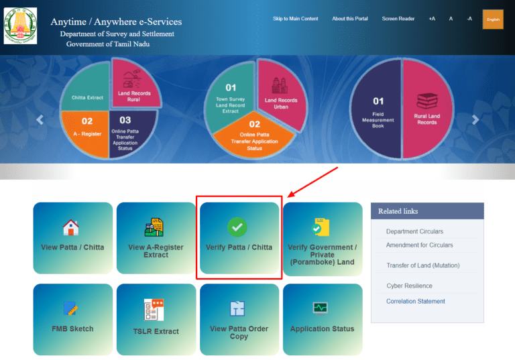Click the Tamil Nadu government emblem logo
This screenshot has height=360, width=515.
(20, 25)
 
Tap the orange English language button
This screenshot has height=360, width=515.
(493, 19)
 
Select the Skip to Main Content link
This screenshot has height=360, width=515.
(295, 19)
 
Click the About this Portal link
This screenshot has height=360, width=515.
(350, 19)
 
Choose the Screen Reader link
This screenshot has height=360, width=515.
(398, 19)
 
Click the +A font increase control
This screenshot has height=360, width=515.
(432, 19)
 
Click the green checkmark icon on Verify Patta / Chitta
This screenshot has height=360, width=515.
(237, 227)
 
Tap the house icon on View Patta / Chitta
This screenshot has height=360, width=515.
(71, 227)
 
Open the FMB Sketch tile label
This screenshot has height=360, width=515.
(72, 328)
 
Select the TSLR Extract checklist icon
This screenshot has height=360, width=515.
(154, 310)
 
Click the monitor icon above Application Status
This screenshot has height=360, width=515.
(321, 308)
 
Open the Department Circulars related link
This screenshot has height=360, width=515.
(414, 231)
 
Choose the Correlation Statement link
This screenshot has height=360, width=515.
(416, 301)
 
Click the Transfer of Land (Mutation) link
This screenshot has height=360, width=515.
(423, 265)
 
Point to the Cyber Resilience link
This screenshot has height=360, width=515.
(409, 286)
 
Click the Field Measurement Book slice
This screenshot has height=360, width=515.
(378, 112)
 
